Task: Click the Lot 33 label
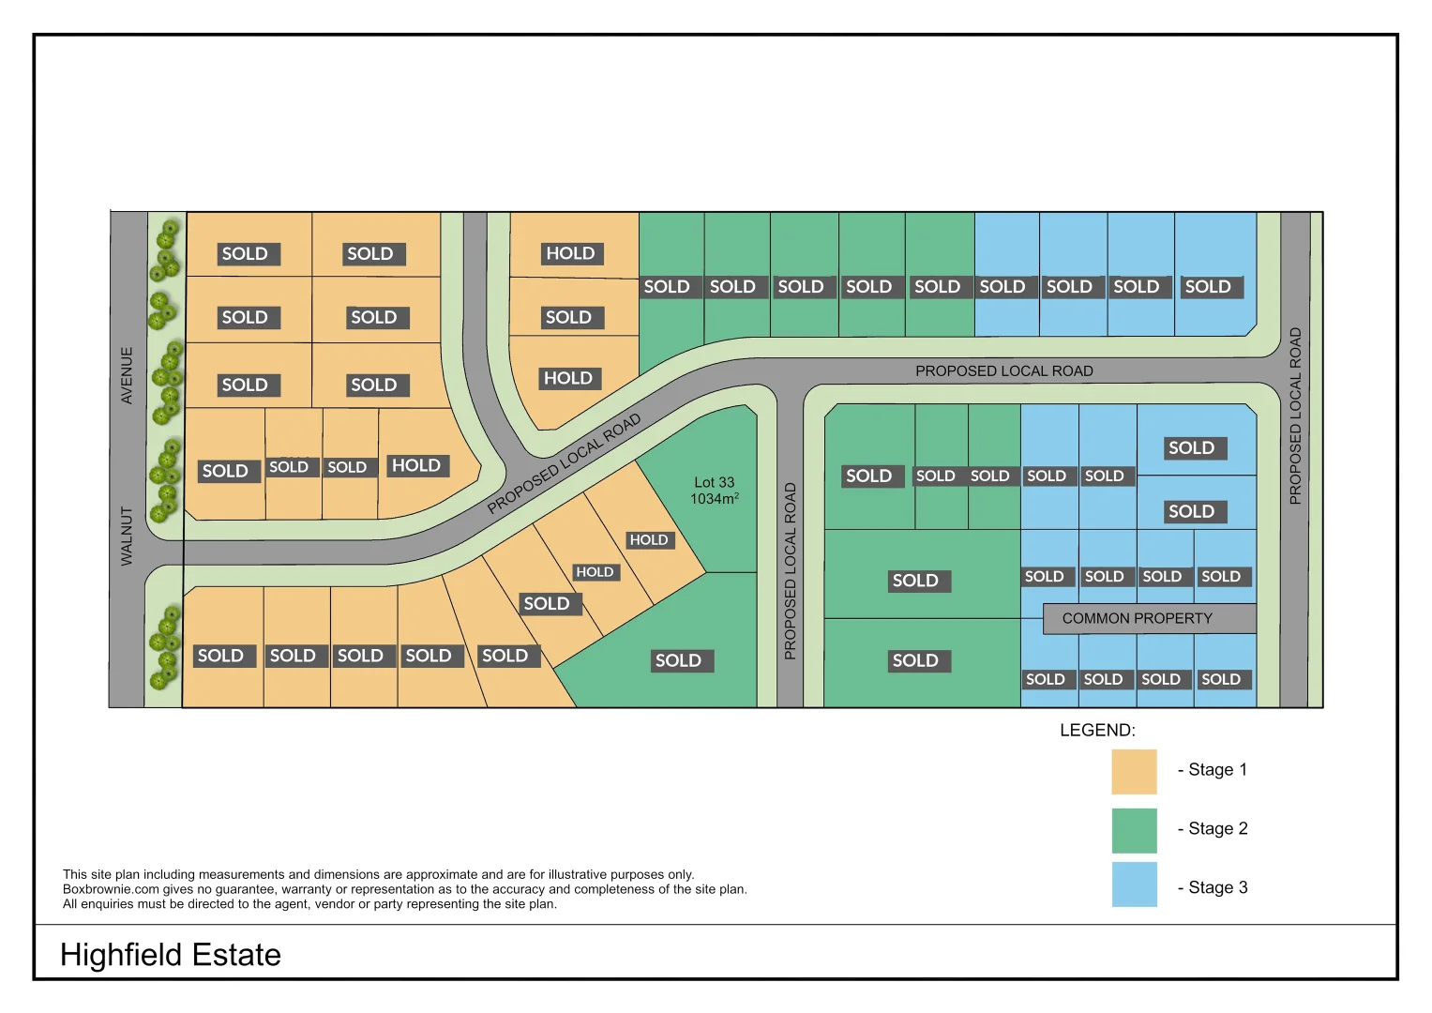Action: click(714, 482)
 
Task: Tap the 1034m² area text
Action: click(714, 499)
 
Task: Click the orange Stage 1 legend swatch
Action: click(1134, 771)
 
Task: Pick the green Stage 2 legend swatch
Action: click(1134, 830)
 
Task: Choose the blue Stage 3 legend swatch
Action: click(1134, 884)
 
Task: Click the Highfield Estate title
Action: click(171, 955)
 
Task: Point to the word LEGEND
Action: click(1096, 731)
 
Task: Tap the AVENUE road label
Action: click(127, 375)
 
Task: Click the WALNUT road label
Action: click(127, 536)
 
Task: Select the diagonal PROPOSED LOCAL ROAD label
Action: click(564, 464)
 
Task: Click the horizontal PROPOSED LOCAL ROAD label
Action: click(1003, 371)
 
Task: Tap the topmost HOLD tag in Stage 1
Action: click(570, 253)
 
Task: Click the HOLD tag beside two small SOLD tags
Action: click(415, 466)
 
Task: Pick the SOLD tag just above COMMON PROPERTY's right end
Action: click(1220, 577)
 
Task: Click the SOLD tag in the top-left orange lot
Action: click(245, 254)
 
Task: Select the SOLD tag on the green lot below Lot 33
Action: click(678, 660)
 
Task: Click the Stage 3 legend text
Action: click(1216, 887)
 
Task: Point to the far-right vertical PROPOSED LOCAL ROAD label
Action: click(1295, 416)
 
